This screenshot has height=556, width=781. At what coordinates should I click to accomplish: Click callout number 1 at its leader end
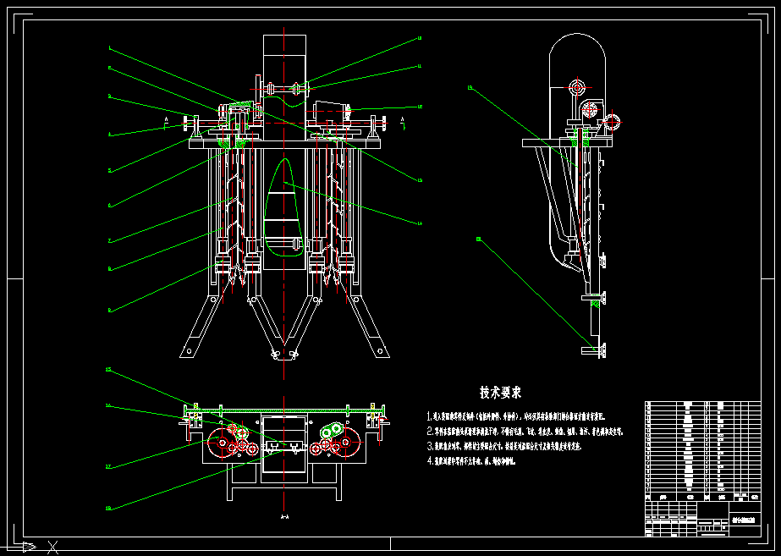tap(109, 47)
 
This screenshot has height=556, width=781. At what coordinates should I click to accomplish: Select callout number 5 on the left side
tap(109, 170)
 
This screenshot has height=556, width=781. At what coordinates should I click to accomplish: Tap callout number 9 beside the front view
tap(109, 311)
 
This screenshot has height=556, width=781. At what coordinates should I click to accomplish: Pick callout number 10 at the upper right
tap(419, 39)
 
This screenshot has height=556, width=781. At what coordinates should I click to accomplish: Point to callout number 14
tap(419, 223)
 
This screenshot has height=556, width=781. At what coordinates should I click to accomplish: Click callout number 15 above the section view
tap(109, 370)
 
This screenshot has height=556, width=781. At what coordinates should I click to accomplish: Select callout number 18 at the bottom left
tap(109, 509)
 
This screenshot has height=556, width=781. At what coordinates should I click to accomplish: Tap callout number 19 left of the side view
tap(470, 88)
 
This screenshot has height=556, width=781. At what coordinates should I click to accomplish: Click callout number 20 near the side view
tap(479, 239)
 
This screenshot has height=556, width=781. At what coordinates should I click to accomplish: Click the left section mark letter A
tap(167, 123)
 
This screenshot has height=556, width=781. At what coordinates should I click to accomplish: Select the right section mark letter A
tap(403, 123)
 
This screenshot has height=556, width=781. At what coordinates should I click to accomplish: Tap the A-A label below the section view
tap(284, 516)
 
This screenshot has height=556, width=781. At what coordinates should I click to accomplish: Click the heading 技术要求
tap(500, 393)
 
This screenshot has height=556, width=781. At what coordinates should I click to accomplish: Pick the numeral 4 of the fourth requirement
tap(431, 461)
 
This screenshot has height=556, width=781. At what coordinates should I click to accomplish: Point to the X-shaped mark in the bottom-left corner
tap(53, 547)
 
